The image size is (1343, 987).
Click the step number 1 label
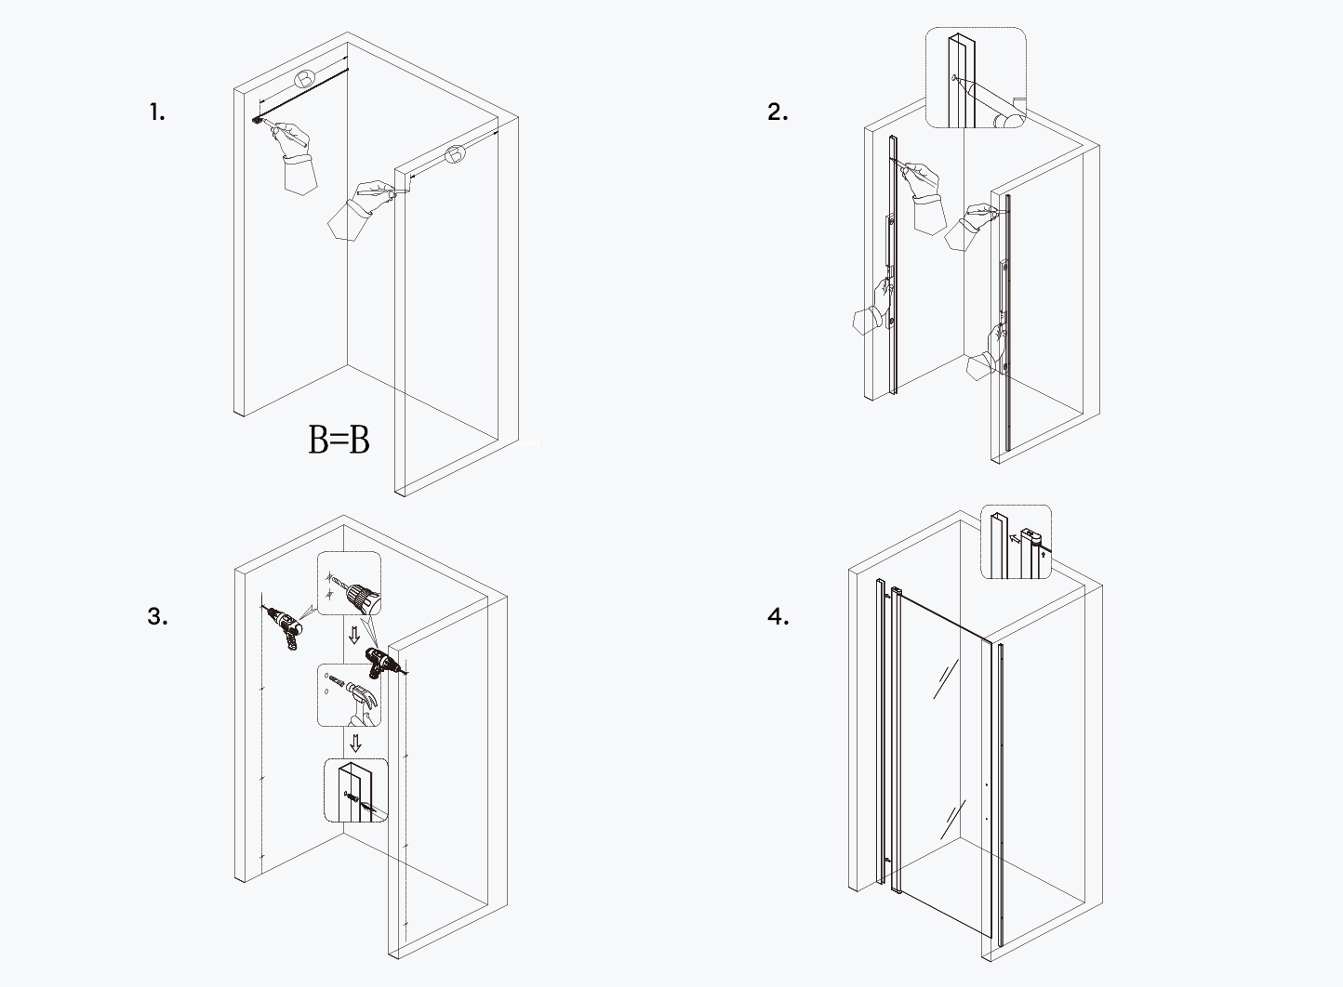coord(156,113)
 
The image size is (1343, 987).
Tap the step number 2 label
coord(778,112)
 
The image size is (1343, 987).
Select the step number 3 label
coord(157,616)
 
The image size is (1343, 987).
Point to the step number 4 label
coord(778,616)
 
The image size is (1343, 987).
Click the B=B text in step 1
coord(339,440)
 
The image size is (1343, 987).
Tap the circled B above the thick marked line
coord(305,78)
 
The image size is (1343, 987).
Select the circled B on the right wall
coord(455,155)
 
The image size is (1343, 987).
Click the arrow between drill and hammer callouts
coord(353,637)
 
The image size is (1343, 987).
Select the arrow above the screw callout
coord(354,743)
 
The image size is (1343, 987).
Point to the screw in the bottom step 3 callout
coord(354,797)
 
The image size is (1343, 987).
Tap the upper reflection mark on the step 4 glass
coord(946,678)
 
